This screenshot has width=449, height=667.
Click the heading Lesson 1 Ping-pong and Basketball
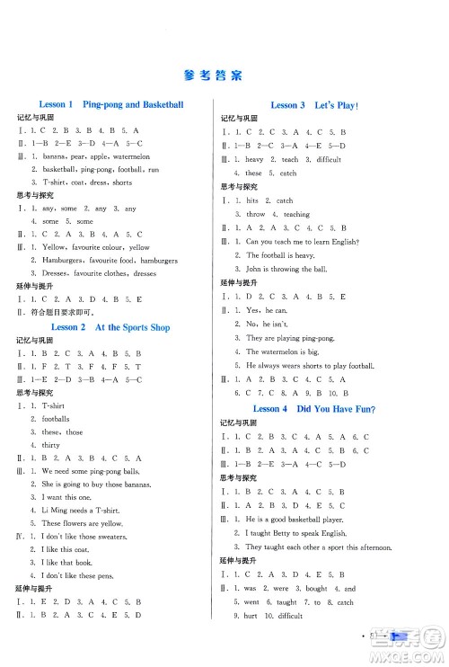click(111, 105)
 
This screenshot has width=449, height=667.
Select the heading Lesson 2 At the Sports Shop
click(111, 327)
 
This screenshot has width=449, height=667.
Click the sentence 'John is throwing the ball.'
click(288, 269)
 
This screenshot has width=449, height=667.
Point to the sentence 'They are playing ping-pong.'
click(291, 338)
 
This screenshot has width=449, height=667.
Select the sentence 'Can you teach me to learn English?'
click(302, 242)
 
